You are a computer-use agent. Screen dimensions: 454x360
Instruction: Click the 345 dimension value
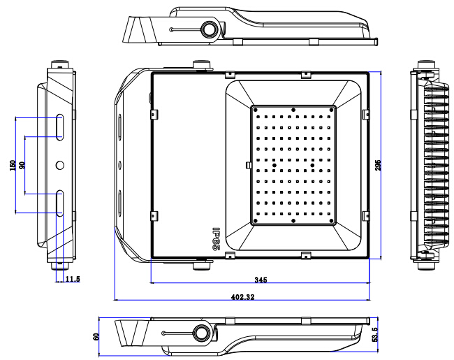[261, 280]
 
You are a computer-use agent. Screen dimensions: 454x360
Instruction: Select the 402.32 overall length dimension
[242, 297]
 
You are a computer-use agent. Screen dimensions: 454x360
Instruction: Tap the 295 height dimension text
[378, 165]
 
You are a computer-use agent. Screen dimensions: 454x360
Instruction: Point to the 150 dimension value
[13, 165]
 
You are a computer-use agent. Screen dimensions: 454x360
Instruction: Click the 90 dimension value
[22, 165]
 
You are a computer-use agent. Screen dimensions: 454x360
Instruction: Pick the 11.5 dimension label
[73, 279]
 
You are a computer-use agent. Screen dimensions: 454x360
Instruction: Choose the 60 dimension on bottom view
[96, 336]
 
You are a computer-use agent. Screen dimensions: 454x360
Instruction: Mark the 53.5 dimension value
[374, 335]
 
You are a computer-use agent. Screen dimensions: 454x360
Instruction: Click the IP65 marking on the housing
[217, 239]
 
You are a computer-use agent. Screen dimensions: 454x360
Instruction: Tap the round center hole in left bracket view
[60, 165]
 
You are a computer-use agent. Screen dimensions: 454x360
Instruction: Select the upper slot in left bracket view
[59, 127]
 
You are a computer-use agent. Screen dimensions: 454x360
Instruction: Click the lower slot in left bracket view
[59, 203]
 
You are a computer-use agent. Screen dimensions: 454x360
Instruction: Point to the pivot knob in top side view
[208, 29]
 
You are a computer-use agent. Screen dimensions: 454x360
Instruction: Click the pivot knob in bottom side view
[200, 333]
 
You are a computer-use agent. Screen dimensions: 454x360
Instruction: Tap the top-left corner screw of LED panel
[256, 110]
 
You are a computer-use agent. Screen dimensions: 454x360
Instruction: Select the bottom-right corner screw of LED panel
[332, 221]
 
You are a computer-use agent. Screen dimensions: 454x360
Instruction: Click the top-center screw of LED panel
[293, 110]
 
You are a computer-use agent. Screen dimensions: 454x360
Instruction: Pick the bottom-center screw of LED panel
[293, 221]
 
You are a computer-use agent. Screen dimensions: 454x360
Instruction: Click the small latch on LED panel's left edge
[248, 165]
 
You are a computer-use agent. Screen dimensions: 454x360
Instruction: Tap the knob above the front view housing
[202, 64]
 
